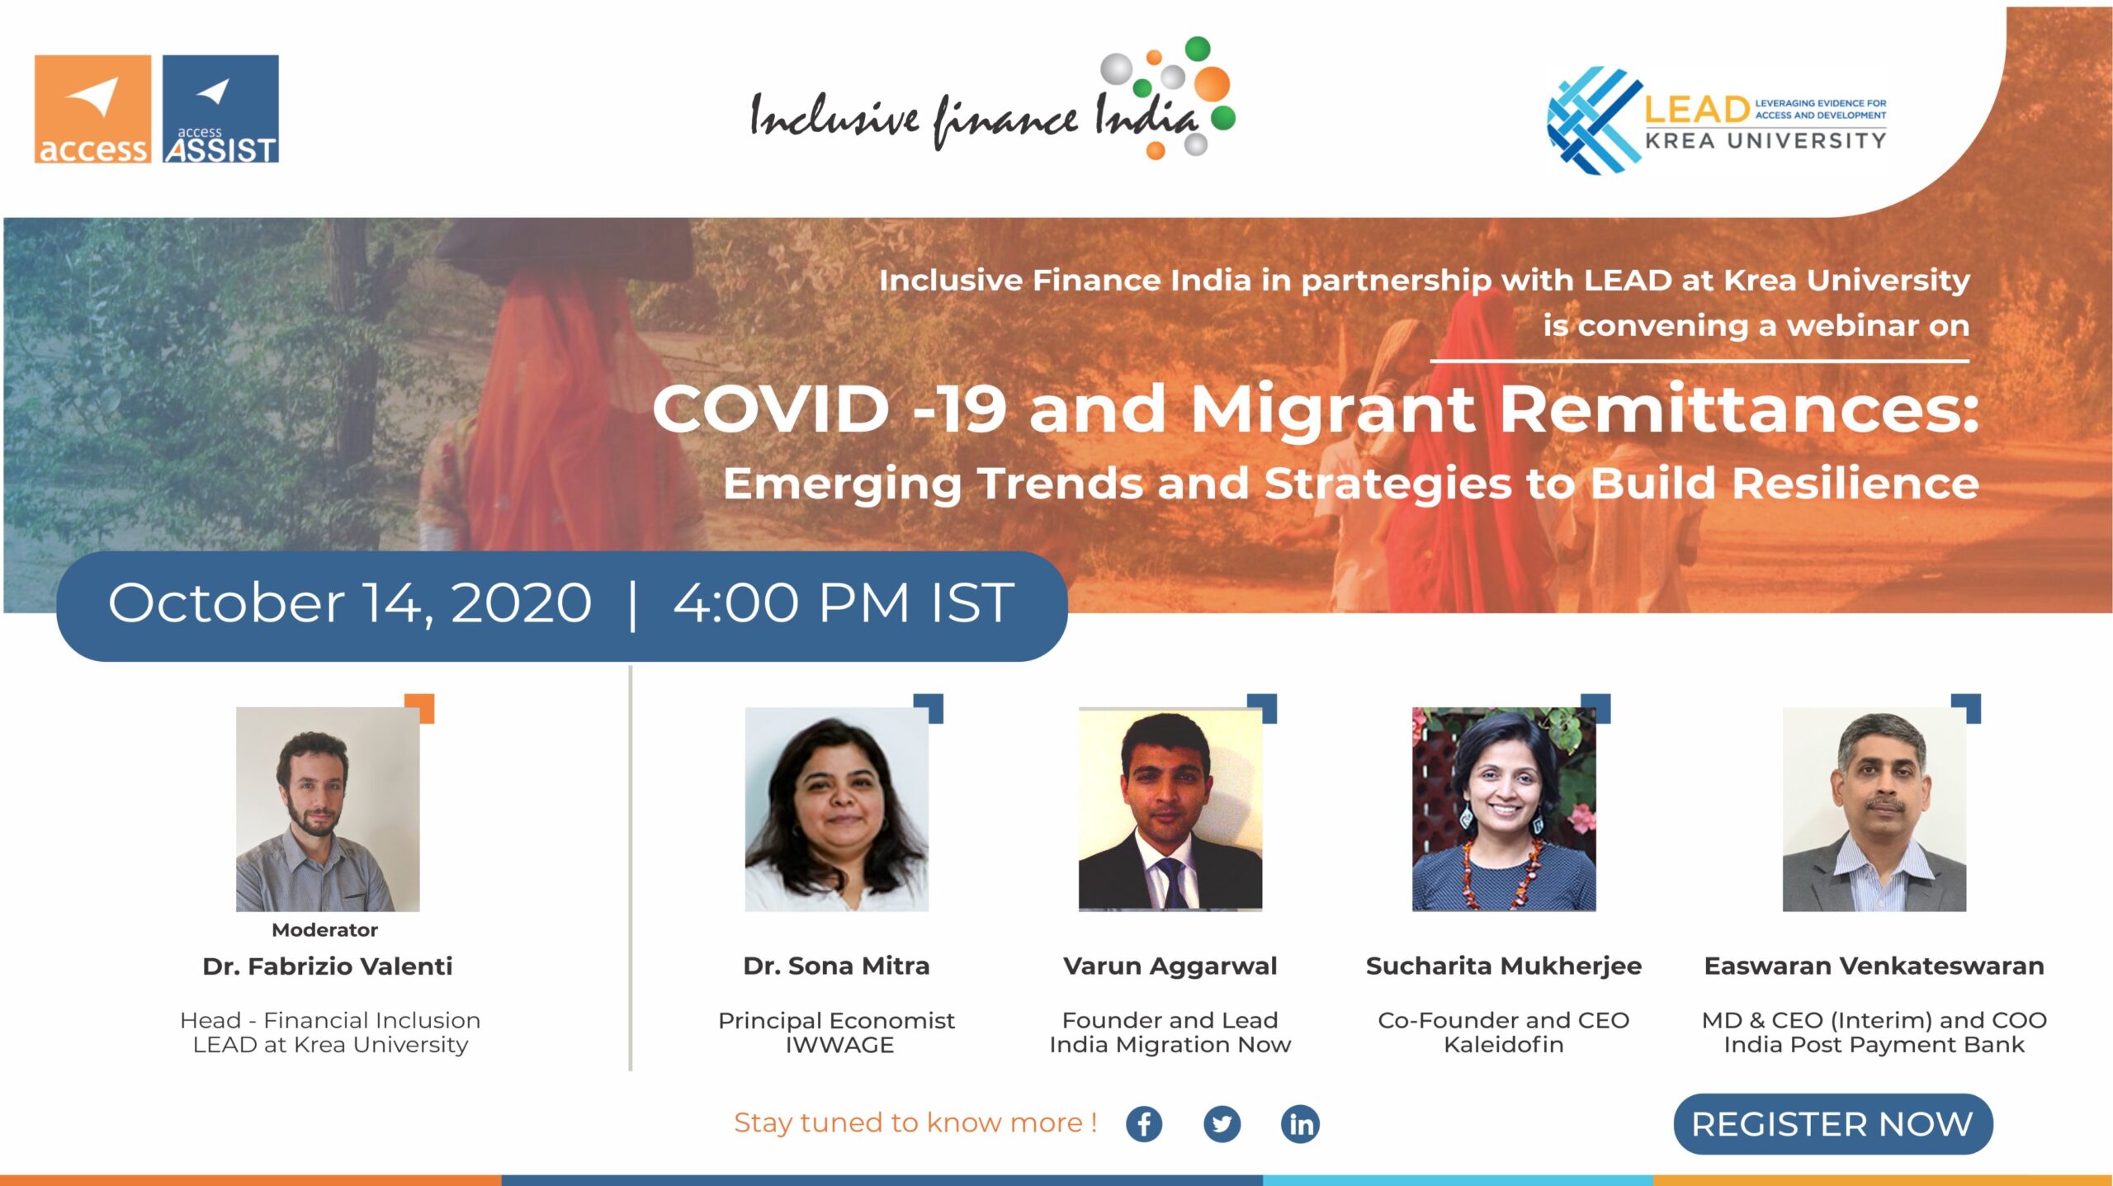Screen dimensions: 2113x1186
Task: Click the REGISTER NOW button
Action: (1832, 1123)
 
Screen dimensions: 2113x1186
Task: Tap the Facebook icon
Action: (1144, 1124)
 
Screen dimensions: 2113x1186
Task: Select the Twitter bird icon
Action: (1222, 1124)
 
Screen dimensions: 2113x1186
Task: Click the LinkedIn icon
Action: (1300, 1124)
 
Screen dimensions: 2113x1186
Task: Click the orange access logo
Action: (92, 109)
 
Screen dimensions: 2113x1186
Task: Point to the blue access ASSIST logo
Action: (220, 109)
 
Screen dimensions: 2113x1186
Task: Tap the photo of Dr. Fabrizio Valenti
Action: (328, 809)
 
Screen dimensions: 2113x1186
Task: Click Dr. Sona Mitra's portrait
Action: (836, 809)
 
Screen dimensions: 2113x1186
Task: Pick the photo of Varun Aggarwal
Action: (1170, 809)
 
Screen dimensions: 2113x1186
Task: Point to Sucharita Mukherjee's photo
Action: (1504, 809)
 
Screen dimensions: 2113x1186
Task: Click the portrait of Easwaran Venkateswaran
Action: (1874, 809)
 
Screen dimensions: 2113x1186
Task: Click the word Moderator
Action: (325, 930)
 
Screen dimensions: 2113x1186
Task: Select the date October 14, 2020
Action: (350, 603)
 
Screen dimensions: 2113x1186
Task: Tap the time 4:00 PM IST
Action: (844, 602)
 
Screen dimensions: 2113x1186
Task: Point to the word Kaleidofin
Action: (1504, 1045)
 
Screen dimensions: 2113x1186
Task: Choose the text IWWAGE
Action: (839, 1045)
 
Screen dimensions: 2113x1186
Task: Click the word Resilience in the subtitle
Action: (1855, 483)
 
